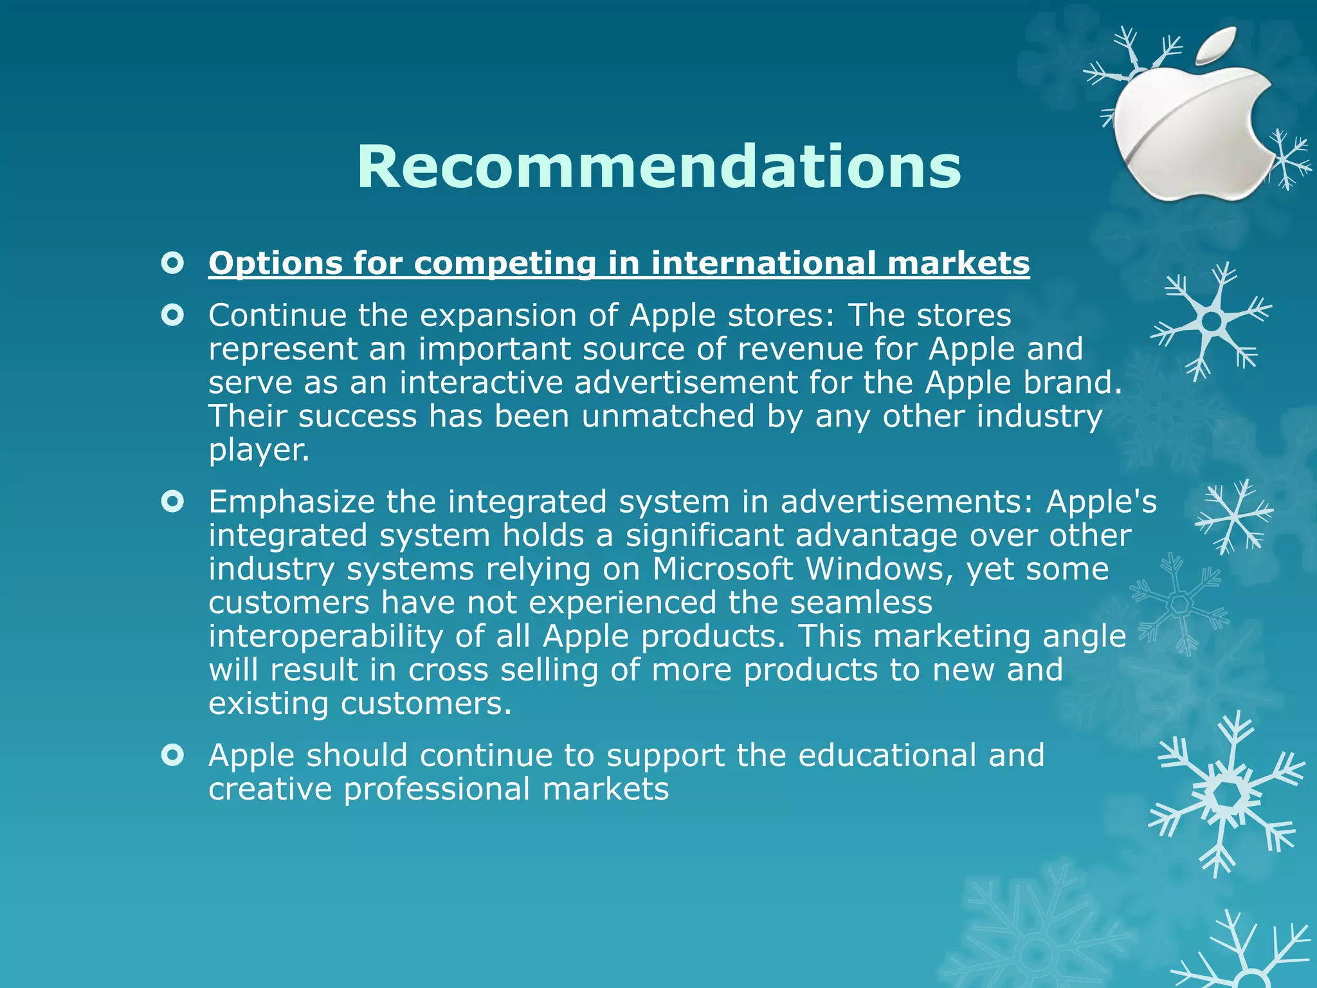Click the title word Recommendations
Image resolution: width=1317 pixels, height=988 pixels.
click(658, 167)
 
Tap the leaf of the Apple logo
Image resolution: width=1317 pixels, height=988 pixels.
click(1219, 46)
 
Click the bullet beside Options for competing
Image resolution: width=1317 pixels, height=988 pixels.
click(172, 263)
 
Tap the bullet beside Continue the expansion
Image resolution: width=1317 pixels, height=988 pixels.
click(172, 315)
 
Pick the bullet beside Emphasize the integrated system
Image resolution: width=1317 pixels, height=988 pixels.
click(172, 501)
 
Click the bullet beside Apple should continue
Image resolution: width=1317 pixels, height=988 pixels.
click(172, 755)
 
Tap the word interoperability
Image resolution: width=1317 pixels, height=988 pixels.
click(326, 636)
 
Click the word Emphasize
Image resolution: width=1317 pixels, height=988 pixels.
click(291, 502)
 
